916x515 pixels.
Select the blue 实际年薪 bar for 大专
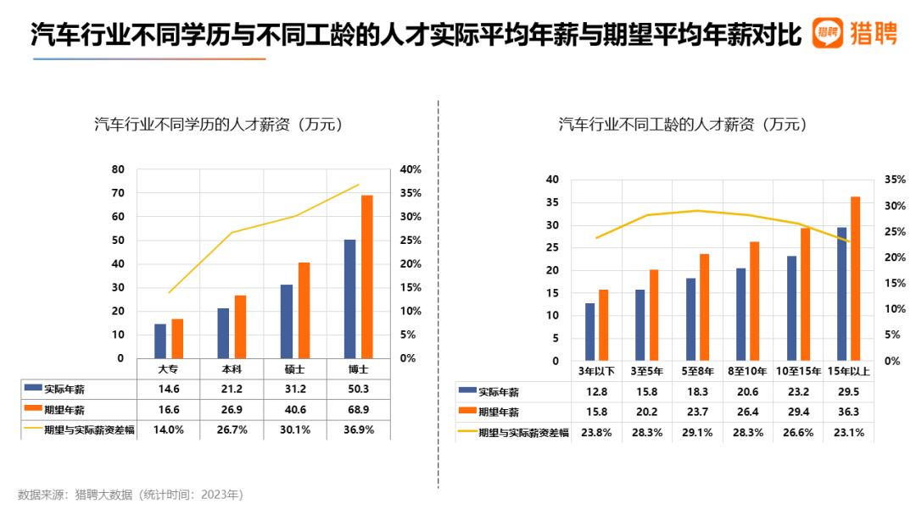(x=159, y=341)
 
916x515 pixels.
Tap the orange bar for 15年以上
(x=855, y=279)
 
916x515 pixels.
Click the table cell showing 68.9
(x=359, y=410)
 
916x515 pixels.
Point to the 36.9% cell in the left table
(x=359, y=429)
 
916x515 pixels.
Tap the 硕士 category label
(x=295, y=370)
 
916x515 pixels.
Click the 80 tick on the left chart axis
(x=118, y=169)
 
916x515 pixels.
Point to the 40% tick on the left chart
(x=411, y=169)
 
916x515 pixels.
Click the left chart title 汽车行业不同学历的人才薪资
(x=218, y=125)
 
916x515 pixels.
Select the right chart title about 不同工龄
(x=682, y=125)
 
